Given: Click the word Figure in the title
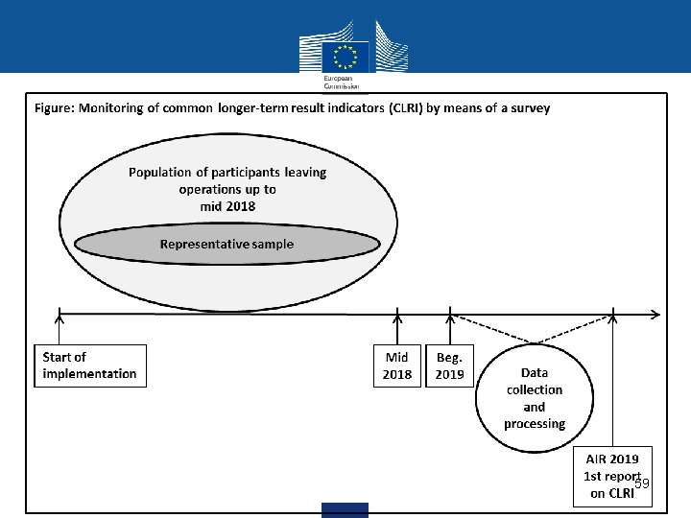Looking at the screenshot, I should click(x=56, y=108).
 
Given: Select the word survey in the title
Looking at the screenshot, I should click(x=530, y=108).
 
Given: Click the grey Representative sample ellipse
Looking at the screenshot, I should click(x=226, y=245).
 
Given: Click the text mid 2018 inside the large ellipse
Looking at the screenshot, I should click(x=227, y=206).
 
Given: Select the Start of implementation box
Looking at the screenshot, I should click(x=90, y=365).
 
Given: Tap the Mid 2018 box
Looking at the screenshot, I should click(x=397, y=365).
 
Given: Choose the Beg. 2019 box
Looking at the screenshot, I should click(x=449, y=365).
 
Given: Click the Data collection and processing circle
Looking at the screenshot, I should click(x=535, y=398).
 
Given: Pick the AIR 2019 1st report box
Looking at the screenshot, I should click(x=612, y=474).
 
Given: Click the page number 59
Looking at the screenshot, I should click(x=642, y=483).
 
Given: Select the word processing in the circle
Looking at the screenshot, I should click(x=535, y=424).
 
